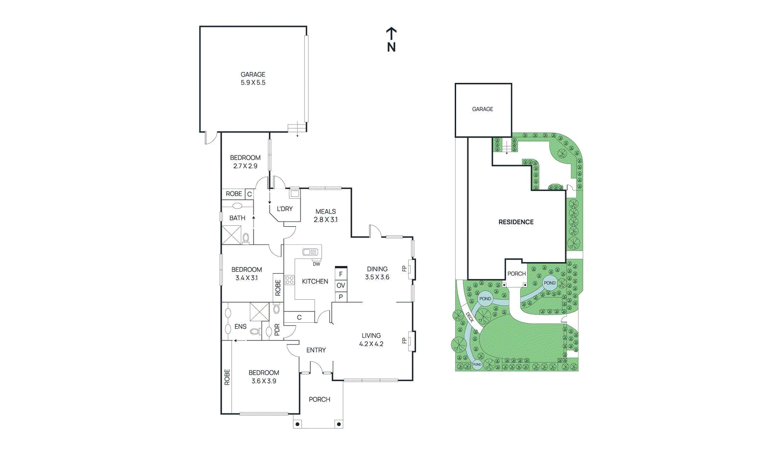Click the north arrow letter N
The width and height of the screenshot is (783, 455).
pyautogui.click(x=391, y=47)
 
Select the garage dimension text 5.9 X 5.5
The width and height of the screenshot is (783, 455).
pyautogui.click(x=253, y=83)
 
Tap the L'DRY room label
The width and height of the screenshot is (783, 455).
pyautogui.click(x=285, y=209)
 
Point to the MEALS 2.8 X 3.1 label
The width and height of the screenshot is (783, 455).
pyautogui.click(x=325, y=216)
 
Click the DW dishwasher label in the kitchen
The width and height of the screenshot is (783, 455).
pyautogui.click(x=317, y=264)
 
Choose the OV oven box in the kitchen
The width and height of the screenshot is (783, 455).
pyautogui.click(x=341, y=285)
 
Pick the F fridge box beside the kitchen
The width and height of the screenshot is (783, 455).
pyautogui.click(x=341, y=274)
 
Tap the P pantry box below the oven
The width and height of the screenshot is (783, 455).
pyautogui.click(x=341, y=297)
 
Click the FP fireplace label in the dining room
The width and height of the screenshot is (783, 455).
pyautogui.click(x=404, y=268)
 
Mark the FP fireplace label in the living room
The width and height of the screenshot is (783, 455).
pyautogui.click(x=404, y=340)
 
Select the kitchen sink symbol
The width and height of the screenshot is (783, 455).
pyautogui.click(x=310, y=252)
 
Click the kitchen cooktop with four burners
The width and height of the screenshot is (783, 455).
pyautogui.click(x=290, y=280)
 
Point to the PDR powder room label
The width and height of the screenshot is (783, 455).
pyautogui.click(x=277, y=330)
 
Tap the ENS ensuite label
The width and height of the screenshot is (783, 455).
pyautogui.click(x=240, y=326)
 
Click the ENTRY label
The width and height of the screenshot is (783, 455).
pyautogui.click(x=316, y=350)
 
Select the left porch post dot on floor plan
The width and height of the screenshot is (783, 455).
pyautogui.click(x=297, y=424)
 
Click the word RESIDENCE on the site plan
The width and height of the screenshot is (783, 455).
pyautogui.click(x=516, y=222)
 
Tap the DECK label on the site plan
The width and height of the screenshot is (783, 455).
pyautogui.click(x=470, y=317)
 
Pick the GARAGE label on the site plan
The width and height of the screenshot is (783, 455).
pyautogui.click(x=483, y=109)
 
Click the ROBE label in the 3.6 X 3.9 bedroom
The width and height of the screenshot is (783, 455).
pyautogui.click(x=227, y=377)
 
